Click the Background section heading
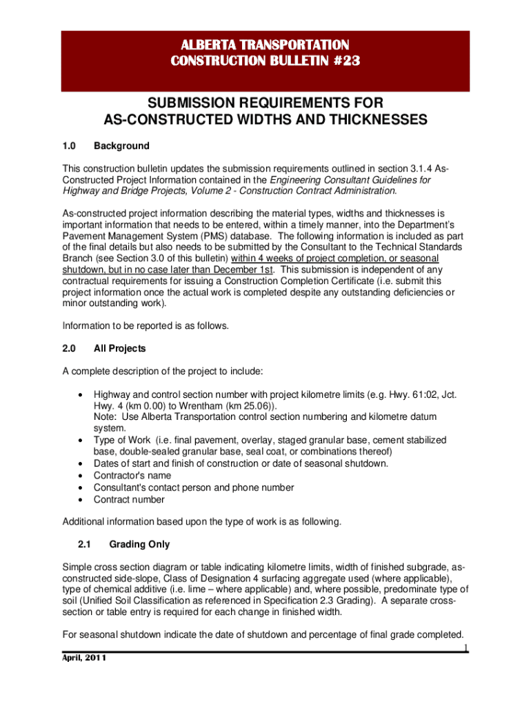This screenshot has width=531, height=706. point(121,146)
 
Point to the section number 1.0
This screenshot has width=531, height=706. point(69,146)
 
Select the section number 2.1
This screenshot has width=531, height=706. point(86,545)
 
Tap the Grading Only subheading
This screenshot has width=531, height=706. point(139,545)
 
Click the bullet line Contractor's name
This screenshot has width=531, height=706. point(132,476)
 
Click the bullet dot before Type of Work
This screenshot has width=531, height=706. point(83,440)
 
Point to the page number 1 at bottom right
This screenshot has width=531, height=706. point(465,647)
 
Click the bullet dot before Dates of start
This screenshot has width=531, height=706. point(83,463)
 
